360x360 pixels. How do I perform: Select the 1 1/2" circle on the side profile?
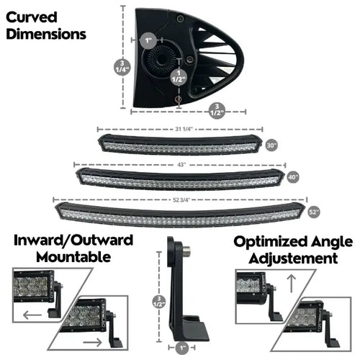click(176, 78)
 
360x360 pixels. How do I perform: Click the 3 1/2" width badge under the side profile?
click(215, 110)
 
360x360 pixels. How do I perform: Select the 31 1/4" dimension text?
click(183, 130)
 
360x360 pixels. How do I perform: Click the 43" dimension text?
click(182, 165)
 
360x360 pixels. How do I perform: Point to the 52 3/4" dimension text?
click(183, 199)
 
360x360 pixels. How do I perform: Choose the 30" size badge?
click(271, 144)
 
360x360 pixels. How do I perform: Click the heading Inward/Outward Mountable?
click(73, 248)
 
